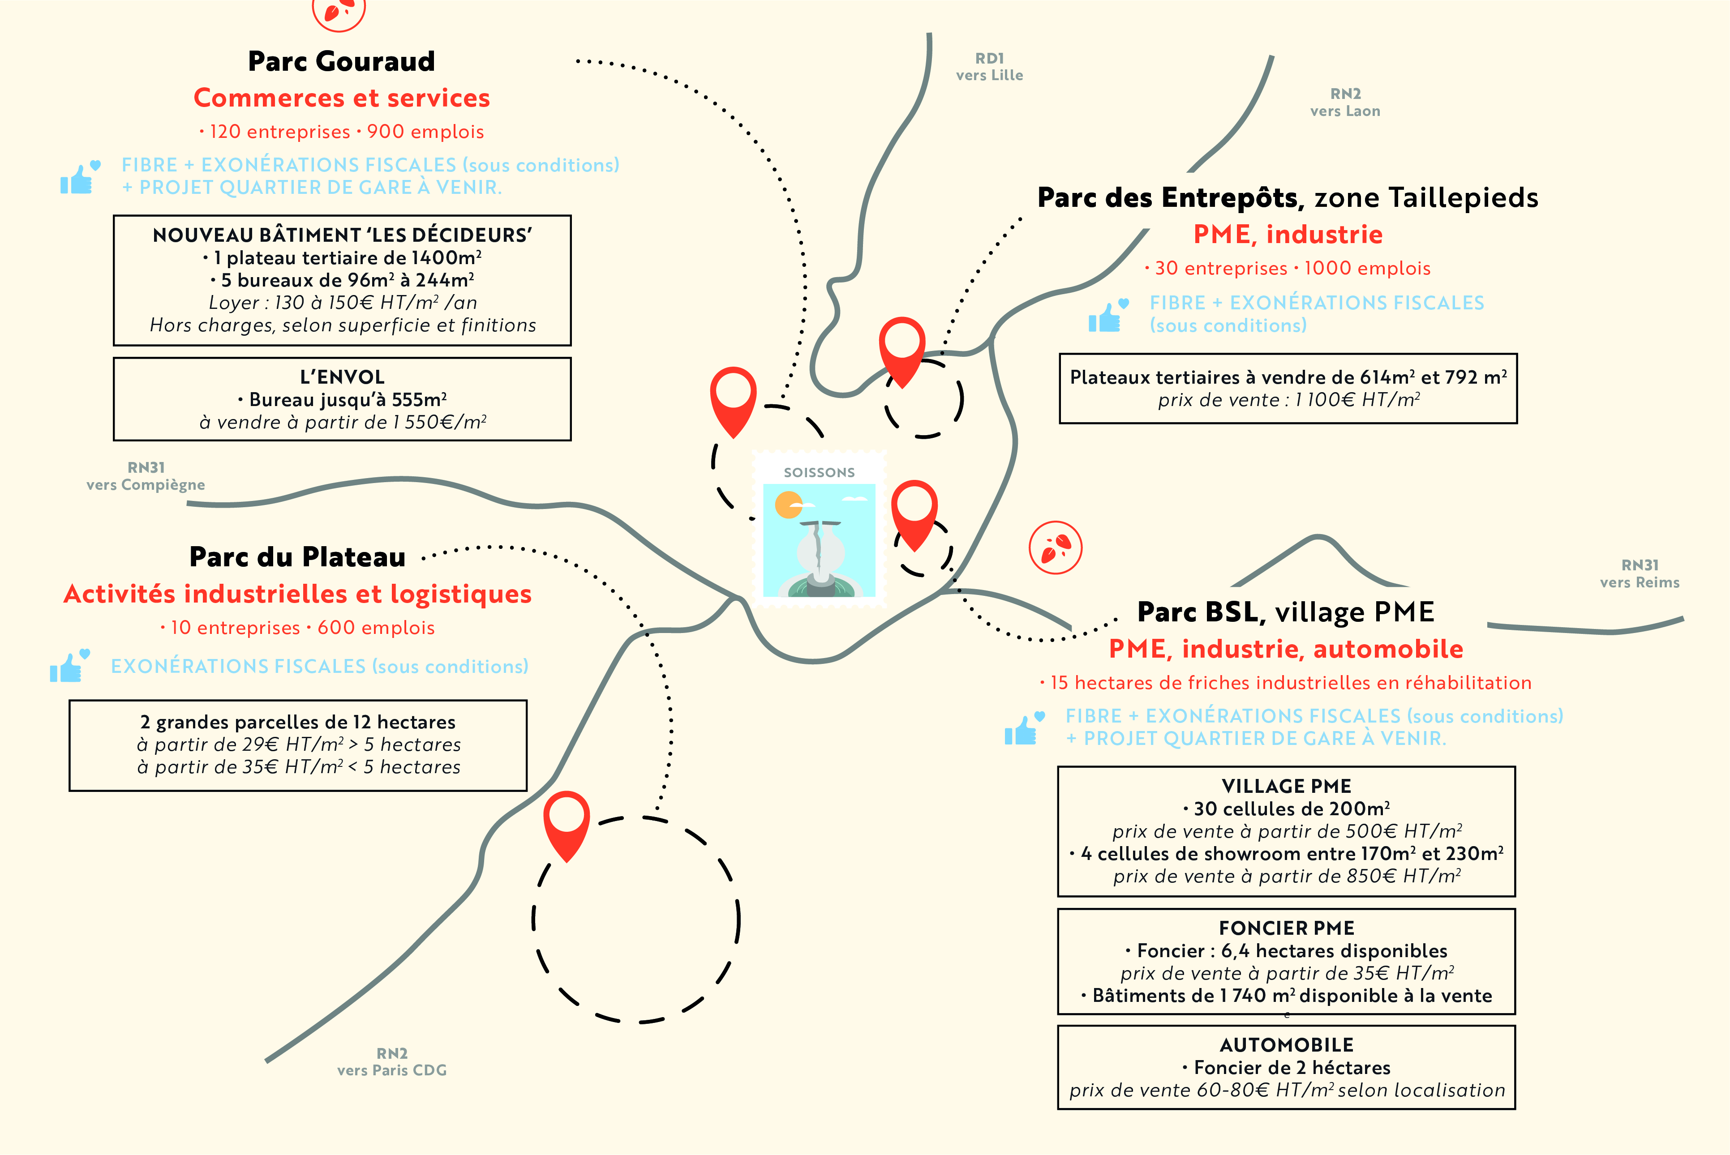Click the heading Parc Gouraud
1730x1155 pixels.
point(341,61)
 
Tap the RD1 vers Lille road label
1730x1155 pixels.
point(990,66)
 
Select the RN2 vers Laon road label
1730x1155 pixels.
point(1345,103)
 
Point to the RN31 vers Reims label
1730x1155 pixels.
point(1640,574)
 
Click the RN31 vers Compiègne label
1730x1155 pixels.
point(146,476)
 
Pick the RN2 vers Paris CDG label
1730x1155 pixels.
point(392,1061)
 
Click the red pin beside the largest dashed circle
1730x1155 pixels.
point(567,826)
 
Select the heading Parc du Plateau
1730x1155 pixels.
point(298,557)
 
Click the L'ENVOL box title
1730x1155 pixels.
point(343,377)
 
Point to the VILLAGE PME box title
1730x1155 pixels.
point(1287,786)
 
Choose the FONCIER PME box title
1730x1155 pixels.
point(1287,928)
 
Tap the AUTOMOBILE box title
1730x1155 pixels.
point(1287,1045)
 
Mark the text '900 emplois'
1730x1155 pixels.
point(426,132)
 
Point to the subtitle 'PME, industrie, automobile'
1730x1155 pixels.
point(1287,649)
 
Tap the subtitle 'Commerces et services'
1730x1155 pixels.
point(342,98)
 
